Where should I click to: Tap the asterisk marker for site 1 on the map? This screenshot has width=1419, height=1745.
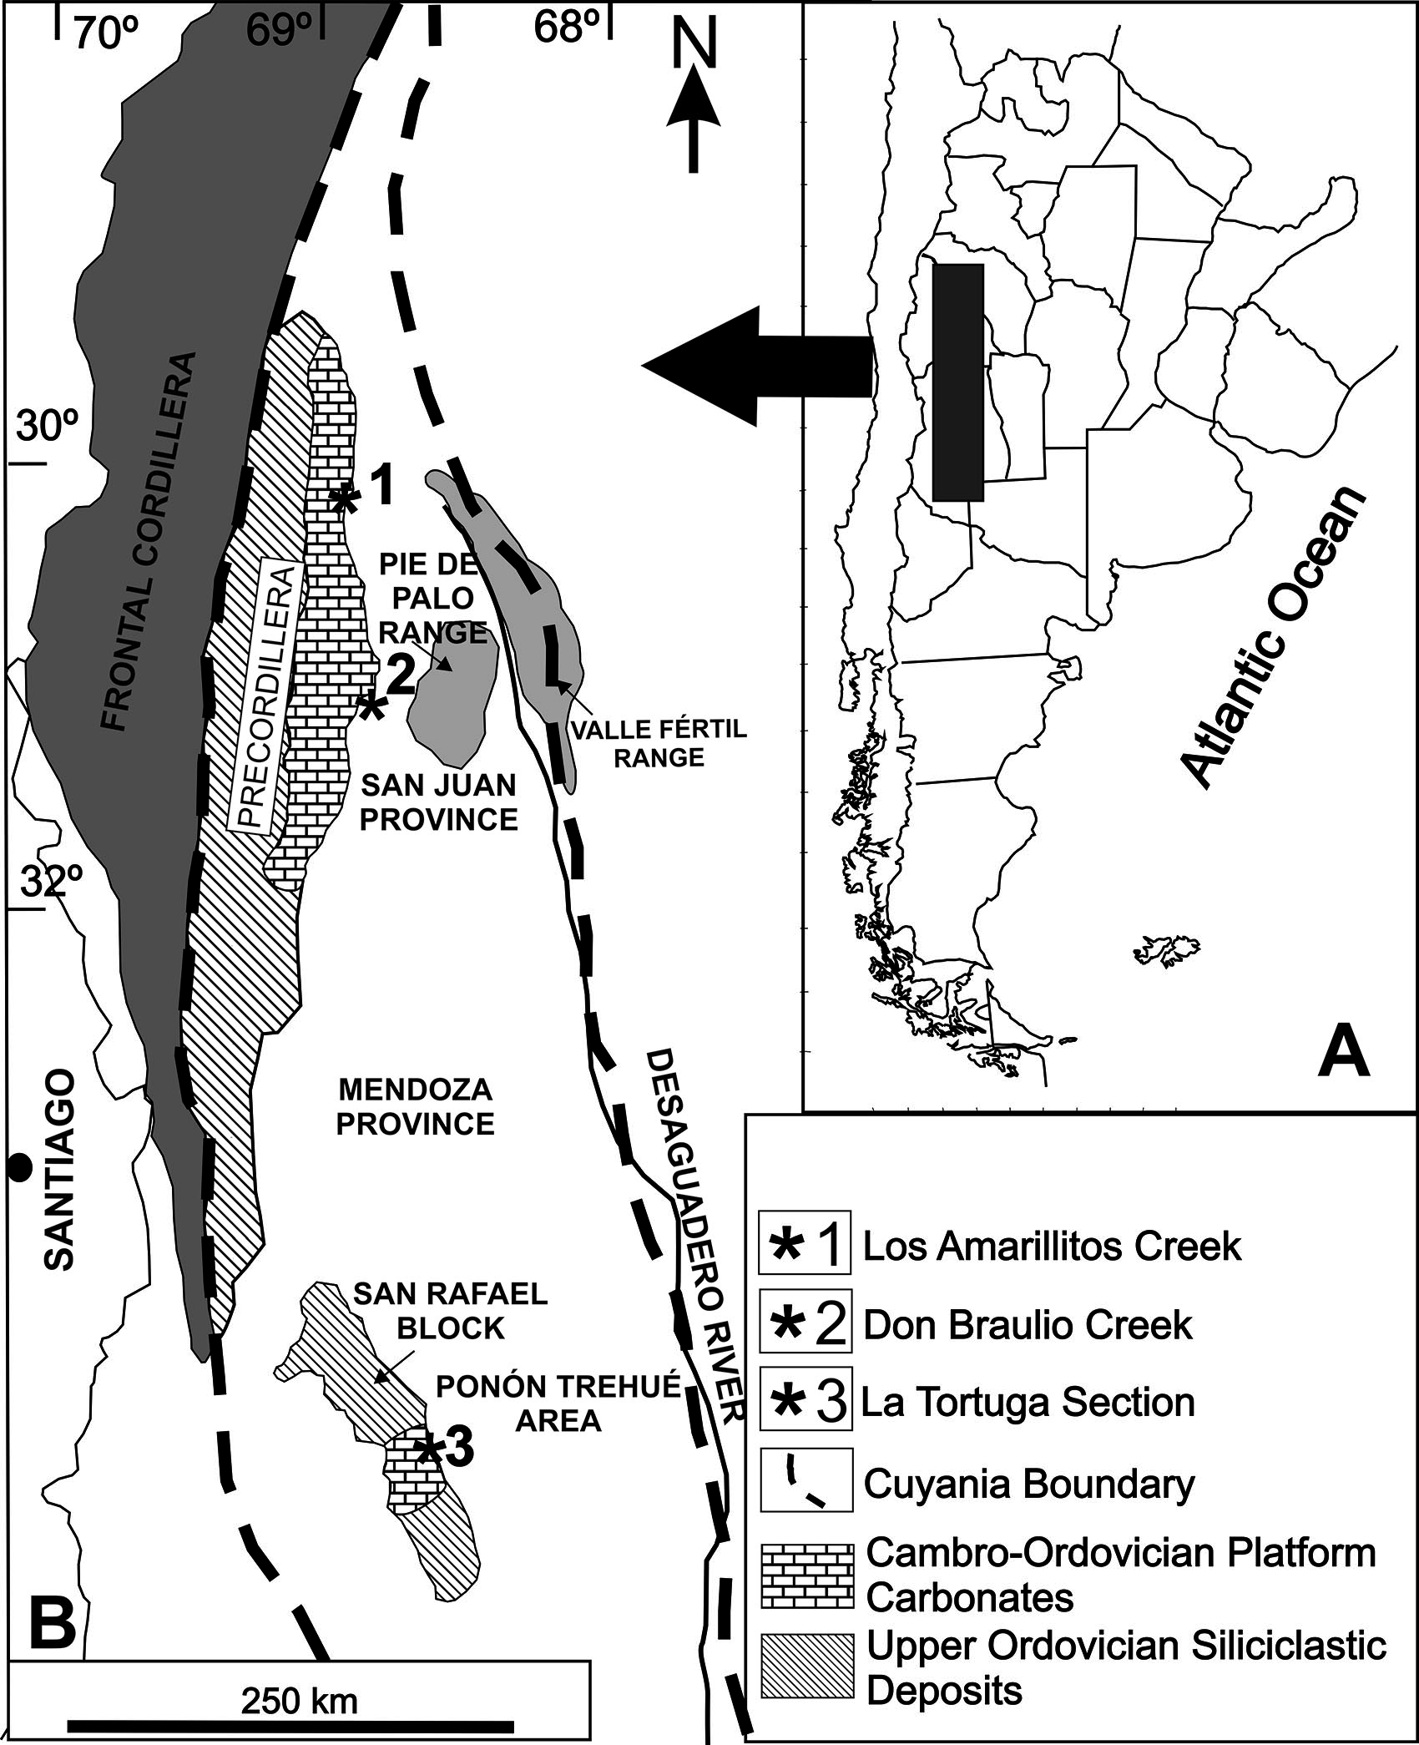point(344,499)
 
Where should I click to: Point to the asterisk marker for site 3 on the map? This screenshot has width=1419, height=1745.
point(428,1449)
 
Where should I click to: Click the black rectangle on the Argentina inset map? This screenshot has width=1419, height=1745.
point(957,382)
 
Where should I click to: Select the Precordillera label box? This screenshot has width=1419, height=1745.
point(267,695)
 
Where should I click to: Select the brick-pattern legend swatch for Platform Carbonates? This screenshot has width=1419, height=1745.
point(807,1576)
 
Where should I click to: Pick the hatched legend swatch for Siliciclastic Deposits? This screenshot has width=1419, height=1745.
point(807,1667)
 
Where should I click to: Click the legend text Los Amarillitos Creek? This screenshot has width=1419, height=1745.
point(1052,1247)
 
